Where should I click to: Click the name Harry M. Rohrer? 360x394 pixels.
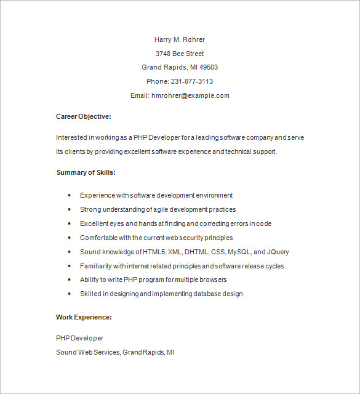180,39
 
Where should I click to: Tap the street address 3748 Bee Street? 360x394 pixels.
180,54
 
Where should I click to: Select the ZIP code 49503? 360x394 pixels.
207,68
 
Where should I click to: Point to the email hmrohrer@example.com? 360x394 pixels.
190,95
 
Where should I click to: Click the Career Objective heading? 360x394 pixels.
84,116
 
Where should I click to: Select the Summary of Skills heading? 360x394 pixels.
86,172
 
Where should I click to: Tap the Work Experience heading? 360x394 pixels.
84,317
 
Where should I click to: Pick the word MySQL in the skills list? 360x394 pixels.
239,252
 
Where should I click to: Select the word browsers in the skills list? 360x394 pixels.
213,279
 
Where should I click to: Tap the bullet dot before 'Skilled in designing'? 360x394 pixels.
70,294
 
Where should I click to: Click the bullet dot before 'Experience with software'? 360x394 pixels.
70,195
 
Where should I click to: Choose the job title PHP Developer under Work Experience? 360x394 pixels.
80,338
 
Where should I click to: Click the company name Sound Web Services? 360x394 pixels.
88,352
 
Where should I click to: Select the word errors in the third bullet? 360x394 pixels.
236,223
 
